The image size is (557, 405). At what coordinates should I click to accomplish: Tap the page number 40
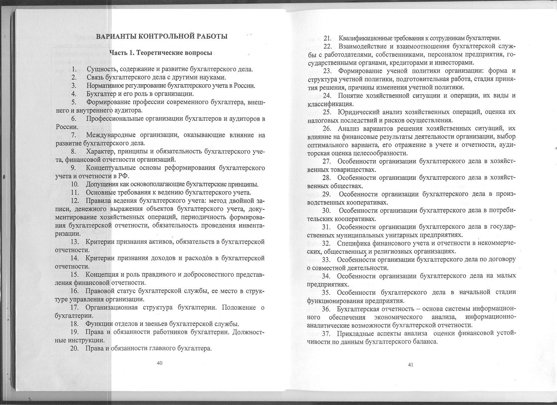click(x=160, y=363)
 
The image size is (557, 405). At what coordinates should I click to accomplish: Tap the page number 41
click(x=410, y=365)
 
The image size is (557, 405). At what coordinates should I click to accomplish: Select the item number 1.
click(x=74, y=69)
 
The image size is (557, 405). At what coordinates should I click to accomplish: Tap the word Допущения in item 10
click(x=101, y=185)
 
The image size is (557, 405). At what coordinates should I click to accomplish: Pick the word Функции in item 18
click(x=97, y=324)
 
